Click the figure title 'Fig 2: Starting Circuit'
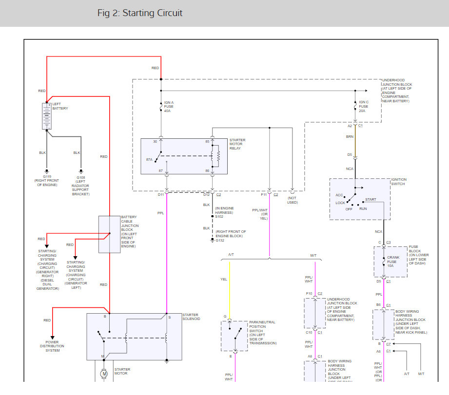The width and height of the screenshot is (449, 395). (139, 13)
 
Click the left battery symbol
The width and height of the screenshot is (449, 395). (47, 116)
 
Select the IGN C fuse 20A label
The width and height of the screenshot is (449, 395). (364, 107)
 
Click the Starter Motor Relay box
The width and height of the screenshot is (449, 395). (184, 156)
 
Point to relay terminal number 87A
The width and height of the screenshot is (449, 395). (149, 159)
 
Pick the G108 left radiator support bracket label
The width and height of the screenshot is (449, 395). (81, 186)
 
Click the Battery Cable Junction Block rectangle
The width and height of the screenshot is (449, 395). (110, 234)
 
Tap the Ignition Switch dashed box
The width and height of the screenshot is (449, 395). (359, 199)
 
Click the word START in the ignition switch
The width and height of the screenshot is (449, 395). (371, 199)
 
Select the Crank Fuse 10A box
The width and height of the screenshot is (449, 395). (390, 262)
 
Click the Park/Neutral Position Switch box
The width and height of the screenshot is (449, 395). (234, 336)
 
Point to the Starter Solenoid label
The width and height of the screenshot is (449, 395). (191, 318)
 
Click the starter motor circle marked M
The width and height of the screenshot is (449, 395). (103, 374)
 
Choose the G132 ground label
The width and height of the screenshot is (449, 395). (221, 240)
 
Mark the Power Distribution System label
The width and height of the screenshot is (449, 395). (53, 346)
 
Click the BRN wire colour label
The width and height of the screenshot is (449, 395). (350, 137)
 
